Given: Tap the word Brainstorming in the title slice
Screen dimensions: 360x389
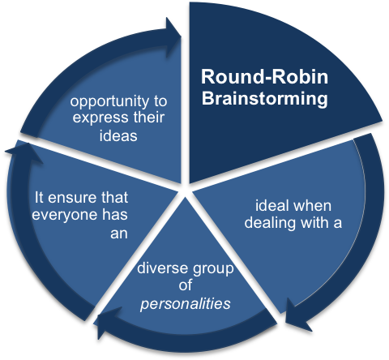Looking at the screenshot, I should coord(254,101).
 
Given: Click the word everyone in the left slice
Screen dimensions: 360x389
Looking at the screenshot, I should coord(65,212).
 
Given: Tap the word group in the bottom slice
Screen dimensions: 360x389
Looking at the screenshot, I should coord(208,269).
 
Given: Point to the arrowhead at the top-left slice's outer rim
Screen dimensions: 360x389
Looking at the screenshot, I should coord(173,27).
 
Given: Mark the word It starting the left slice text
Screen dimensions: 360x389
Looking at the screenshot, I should coord(41,195).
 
